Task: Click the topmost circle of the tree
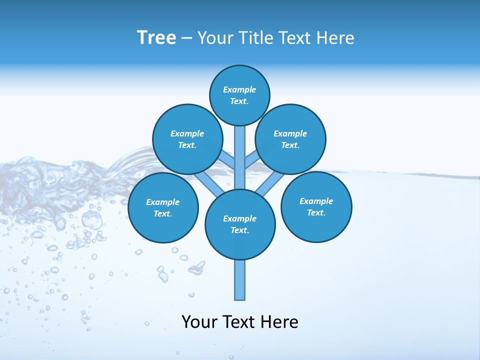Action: [x=239, y=95]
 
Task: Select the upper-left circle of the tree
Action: [x=187, y=139]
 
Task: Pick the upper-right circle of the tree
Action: [x=290, y=139]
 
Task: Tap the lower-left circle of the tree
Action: [x=163, y=208]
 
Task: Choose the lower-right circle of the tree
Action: [x=316, y=207]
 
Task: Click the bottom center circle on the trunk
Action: [x=240, y=224]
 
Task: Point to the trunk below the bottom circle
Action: [x=240, y=280]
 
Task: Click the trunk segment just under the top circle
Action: [x=239, y=142]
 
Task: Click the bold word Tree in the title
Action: [x=156, y=37]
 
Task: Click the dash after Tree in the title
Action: [x=186, y=38]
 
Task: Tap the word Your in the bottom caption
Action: [x=199, y=322]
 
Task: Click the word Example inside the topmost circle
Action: [x=239, y=89]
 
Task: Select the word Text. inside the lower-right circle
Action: [x=316, y=212]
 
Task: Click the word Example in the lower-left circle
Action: [x=162, y=202]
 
